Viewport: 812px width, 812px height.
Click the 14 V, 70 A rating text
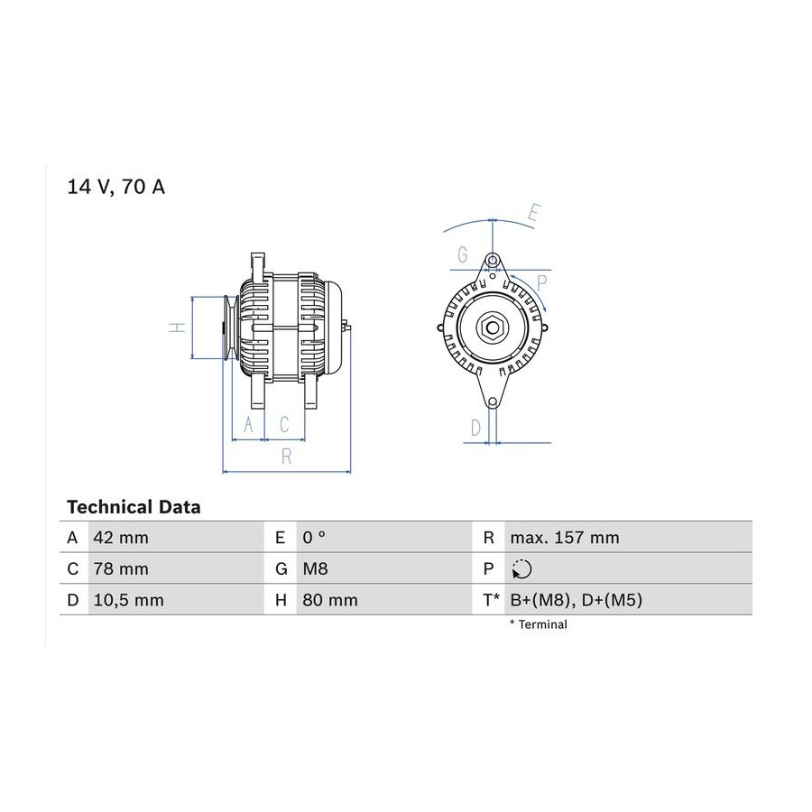pyautogui.click(x=116, y=187)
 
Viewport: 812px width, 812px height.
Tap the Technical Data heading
pyautogui.click(x=134, y=506)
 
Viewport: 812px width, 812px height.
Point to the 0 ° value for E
pyautogui.click(x=314, y=538)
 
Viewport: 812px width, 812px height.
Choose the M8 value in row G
pyautogui.click(x=315, y=568)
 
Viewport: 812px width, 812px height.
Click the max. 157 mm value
pyautogui.click(x=565, y=538)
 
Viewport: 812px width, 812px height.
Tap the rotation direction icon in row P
pyautogui.click(x=521, y=569)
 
